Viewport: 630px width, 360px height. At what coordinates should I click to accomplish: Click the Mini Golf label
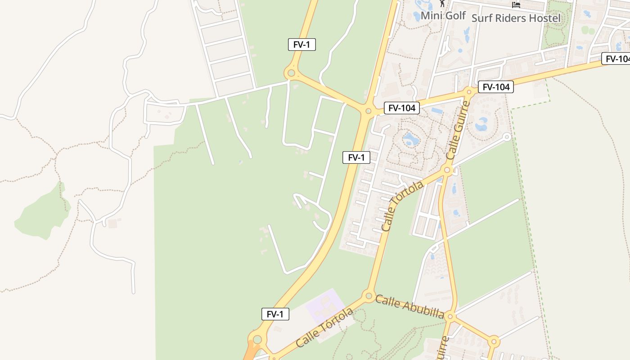[443, 16]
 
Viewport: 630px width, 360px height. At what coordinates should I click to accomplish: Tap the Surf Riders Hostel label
[516, 18]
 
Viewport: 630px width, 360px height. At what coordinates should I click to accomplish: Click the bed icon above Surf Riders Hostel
[516, 4]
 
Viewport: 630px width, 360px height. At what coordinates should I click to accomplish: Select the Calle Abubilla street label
[409, 306]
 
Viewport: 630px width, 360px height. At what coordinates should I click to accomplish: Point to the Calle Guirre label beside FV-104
[458, 130]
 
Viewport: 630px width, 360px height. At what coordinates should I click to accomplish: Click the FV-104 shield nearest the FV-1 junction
[401, 108]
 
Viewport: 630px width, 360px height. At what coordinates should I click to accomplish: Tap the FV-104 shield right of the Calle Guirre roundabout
[495, 87]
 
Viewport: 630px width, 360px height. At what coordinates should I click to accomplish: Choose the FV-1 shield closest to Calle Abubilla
[275, 314]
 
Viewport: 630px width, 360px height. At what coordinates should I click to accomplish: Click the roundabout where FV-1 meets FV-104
[368, 111]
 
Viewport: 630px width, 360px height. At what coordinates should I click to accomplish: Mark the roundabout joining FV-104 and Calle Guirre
[469, 92]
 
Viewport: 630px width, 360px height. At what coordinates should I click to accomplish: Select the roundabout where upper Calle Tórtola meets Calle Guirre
[447, 170]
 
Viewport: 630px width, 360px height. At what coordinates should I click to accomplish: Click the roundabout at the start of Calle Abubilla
[369, 296]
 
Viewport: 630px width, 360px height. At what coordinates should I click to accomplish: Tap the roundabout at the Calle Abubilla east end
[450, 317]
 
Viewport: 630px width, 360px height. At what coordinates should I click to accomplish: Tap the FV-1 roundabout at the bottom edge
[257, 339]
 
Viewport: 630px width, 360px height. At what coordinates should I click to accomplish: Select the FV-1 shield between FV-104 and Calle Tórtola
[356, 157]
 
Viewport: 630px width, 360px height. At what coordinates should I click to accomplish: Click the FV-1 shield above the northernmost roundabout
[301, 45]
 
